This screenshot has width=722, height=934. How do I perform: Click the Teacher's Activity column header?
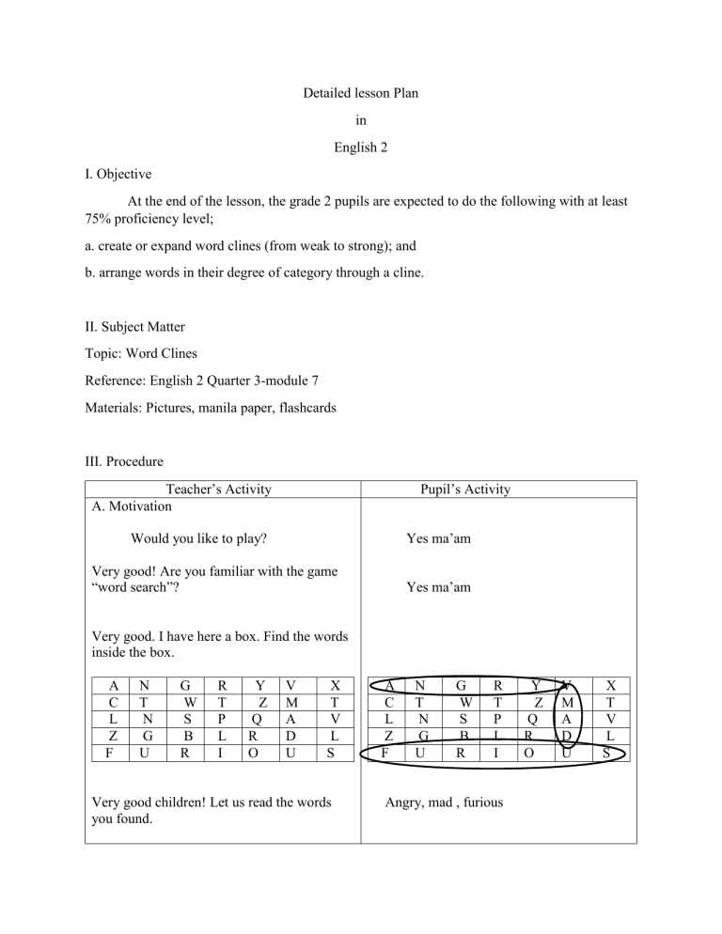pyautogui.click(x=218, y=489)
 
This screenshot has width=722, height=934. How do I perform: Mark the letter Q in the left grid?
pyautogui.click(x=255, y=720)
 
